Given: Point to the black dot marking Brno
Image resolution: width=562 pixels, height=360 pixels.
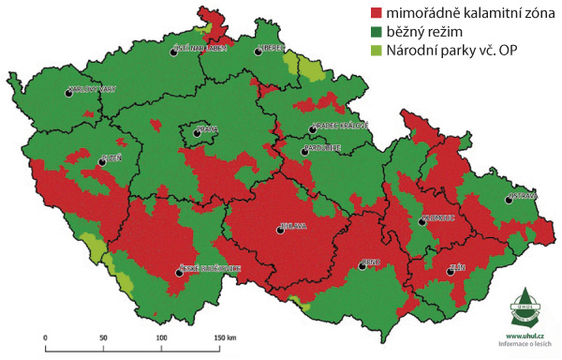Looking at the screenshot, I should pos(362,267).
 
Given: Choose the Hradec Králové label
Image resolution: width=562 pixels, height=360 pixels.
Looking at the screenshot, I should pos(339,125).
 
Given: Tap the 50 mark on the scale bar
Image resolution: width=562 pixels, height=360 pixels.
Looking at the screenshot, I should pos(103,336).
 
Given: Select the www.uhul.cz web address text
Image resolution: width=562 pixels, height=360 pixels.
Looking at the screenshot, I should pos(526,334).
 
